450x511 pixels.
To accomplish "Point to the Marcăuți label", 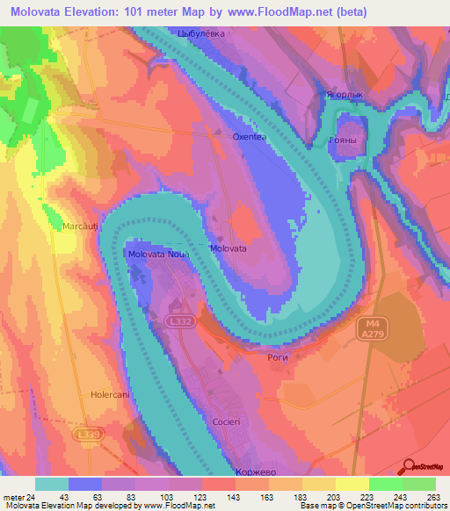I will point(80,227).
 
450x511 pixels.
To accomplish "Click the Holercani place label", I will point(111,395).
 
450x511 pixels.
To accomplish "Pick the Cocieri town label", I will point(227,422).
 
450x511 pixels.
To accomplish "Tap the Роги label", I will point(277,357).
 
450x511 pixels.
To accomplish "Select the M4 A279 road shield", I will point(369,329).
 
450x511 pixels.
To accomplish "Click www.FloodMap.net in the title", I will point(273,11).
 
